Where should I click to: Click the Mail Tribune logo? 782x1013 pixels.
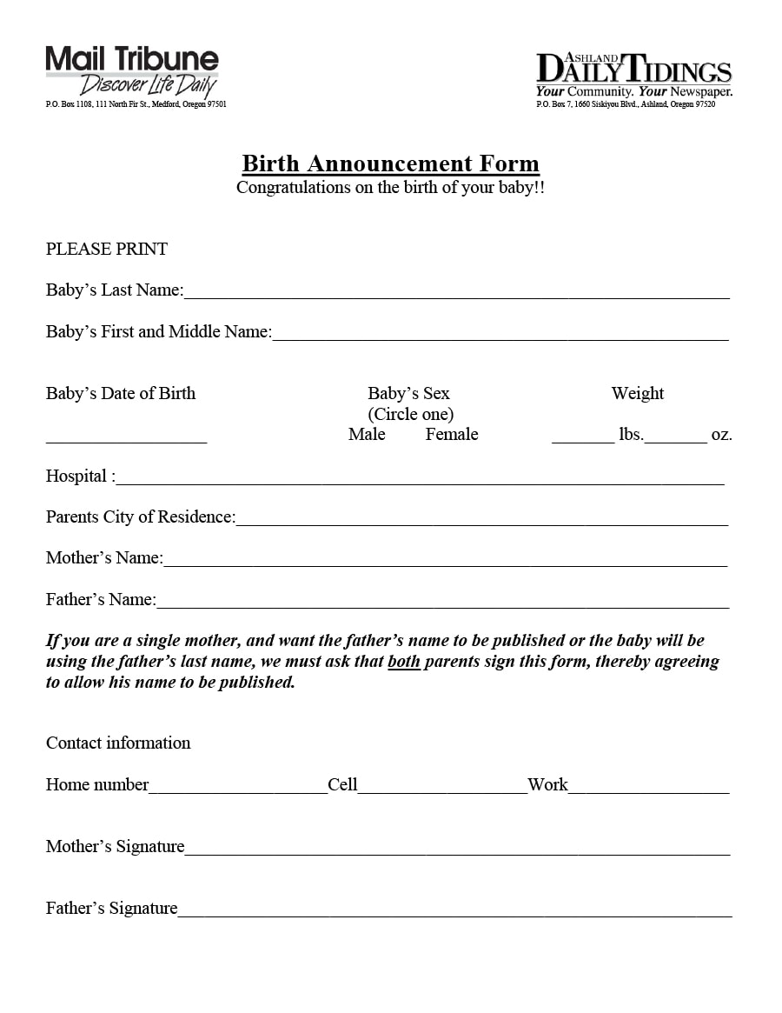coord(132,71)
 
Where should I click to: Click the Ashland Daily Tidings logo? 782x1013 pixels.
coord(634,74)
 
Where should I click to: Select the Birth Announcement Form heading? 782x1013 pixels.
coord(390,163)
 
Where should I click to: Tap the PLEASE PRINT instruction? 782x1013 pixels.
coord(107,250)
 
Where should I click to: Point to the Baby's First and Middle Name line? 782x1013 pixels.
coord(500,335)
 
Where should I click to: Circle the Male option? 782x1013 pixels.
coord(367,434)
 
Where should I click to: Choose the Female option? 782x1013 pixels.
coord(452,434)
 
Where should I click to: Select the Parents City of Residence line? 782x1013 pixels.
coord(481,520)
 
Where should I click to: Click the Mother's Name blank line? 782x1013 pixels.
coord(445,561)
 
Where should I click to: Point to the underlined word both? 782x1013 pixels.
coord(404,662)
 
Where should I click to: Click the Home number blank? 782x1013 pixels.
coord(238,788)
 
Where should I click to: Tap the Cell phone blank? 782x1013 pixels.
coord(442,788)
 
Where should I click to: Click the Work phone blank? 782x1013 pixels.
coord(649,788)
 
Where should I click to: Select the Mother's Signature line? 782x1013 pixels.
coord(457,850)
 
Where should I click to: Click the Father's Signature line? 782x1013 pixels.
coord(454,911)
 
